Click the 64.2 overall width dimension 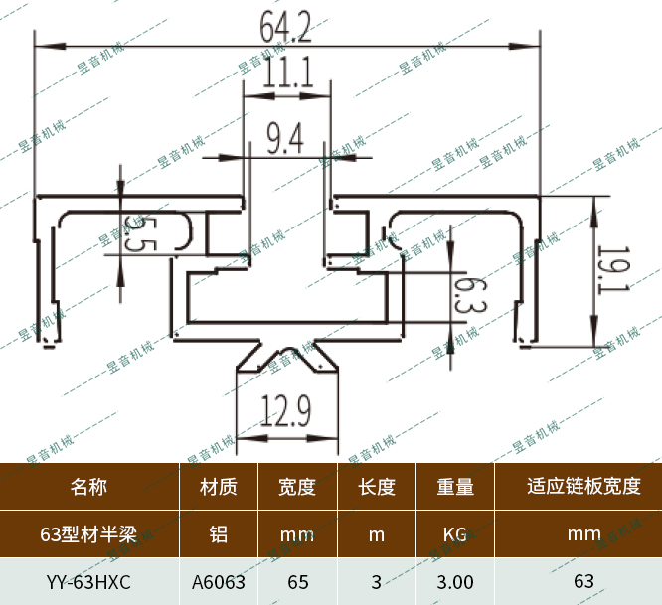click(285, 27)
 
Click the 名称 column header click(89, 487)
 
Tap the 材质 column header click(219, 487)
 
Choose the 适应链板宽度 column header click(583, 487)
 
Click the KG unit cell click(455, 534)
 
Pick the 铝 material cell click(219, 534)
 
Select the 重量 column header click(455, 487)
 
